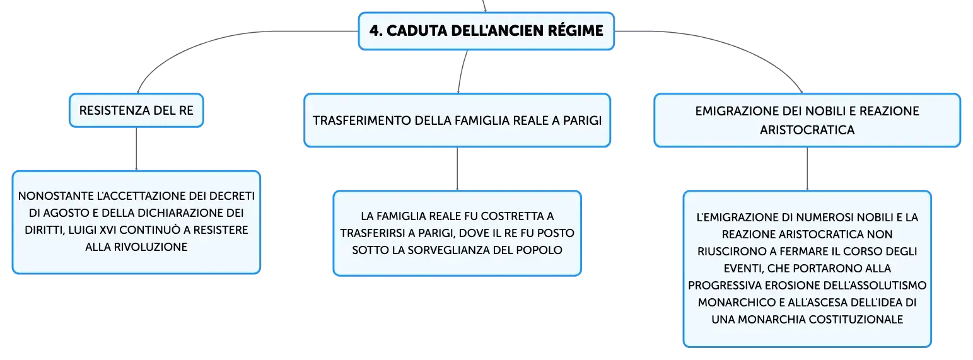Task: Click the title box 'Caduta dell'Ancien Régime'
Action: tap(486, 31)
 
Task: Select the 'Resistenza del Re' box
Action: tap(136, 110)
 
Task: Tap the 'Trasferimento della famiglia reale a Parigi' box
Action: tap(457, 120)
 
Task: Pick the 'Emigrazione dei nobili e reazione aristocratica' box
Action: tap(807, 120)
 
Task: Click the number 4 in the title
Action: tap(375, 31)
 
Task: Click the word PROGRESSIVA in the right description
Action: tap(725, 286)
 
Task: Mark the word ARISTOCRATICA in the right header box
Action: tap(807, 130)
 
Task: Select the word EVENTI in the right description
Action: tap(743, 269)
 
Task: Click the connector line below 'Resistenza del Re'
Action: tap(136, 149)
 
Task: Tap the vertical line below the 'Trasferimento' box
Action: tap(457, 169)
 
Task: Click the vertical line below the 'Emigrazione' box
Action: tap(807, 169)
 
